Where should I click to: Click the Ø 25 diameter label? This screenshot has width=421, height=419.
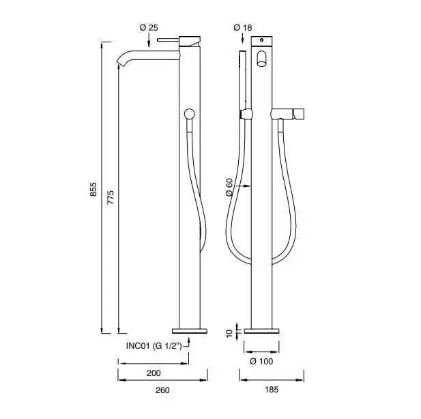coord(149,27)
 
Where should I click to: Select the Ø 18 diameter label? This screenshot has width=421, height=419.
coord(243,27)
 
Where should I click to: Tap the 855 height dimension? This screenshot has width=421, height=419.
coord(93,189)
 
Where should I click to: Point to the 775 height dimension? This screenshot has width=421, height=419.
coord(111,197)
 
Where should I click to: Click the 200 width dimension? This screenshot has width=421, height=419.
coord(154,373)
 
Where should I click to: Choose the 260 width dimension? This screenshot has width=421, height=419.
coord(162,390)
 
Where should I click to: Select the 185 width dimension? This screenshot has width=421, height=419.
coord(272,390)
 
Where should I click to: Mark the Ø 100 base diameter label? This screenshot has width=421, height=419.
coord(261,361)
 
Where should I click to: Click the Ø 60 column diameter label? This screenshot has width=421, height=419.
coord(229,187)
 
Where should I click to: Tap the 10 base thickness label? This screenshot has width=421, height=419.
coord(229,334)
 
